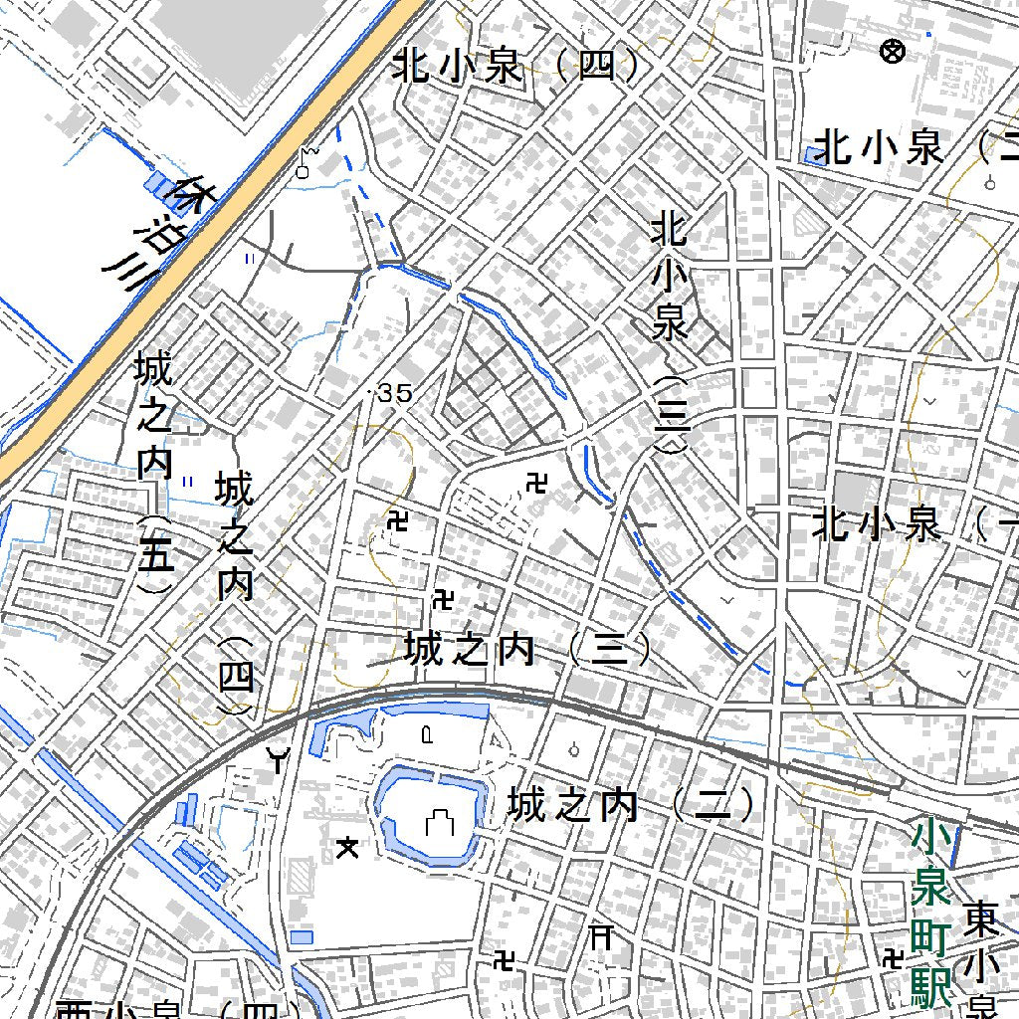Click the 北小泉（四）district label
514,67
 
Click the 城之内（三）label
527,651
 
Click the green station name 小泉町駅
931,914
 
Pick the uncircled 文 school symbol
347,847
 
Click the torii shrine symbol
601,936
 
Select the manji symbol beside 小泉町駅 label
893,957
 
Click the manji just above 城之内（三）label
444,599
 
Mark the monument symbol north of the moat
427,735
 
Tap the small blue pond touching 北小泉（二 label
814,154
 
